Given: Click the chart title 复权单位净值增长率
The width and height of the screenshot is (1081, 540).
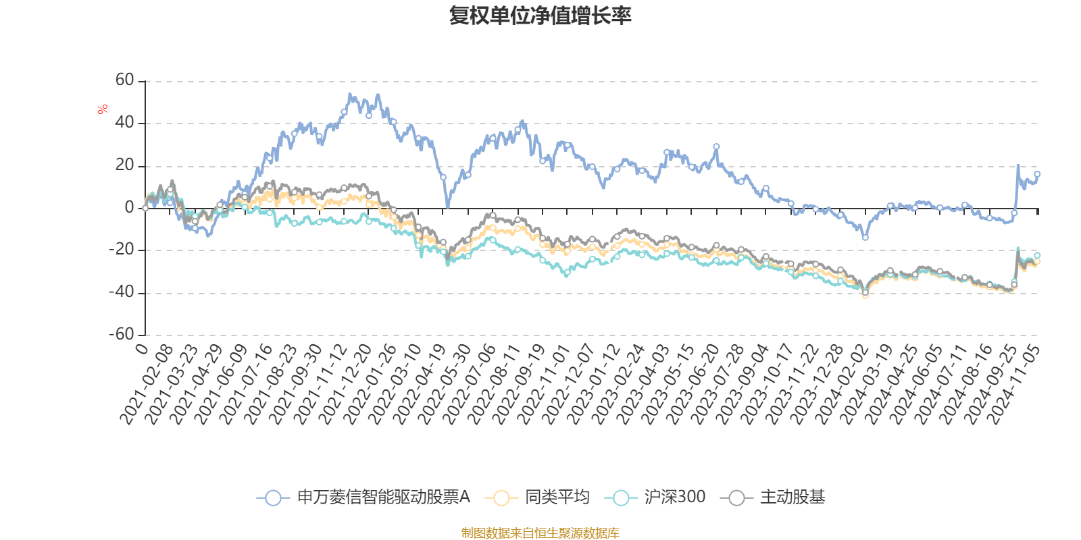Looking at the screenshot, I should tap(540, 16).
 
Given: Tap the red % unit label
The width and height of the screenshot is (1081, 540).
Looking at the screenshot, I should tap(103, 109).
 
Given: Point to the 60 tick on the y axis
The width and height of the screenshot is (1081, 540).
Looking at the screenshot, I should tap(125, 80).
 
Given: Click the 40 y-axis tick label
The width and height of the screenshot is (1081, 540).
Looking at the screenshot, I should tap(125, 123).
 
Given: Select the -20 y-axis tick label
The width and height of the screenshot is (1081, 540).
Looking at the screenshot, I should tap(122, 250).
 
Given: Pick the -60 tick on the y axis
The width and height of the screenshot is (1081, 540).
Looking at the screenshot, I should tap(122, 335).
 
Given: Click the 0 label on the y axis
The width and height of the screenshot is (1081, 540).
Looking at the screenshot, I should tap(130, 208).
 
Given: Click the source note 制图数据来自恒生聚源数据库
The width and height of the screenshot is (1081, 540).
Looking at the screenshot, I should tap(540, 533).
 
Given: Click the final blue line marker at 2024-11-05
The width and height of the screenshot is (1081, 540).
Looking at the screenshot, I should tap(1037, 174).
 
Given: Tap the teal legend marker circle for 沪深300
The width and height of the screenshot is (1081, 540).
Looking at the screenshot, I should tap(621, 498).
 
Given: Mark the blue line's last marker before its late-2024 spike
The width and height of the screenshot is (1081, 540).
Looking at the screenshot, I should tap(1014, 213).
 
